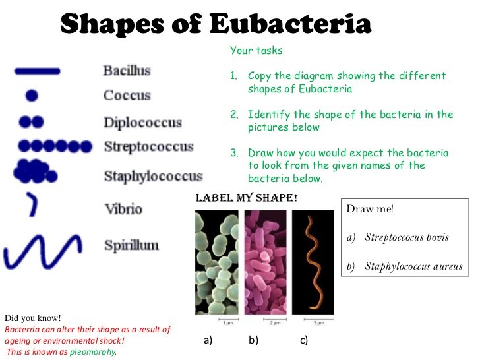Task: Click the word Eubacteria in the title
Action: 290,24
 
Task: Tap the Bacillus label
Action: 127,71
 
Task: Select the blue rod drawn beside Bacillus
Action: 38,71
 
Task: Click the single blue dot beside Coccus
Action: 32,96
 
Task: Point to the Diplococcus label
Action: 142,123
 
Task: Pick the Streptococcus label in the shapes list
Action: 149,146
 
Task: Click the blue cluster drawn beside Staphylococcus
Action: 35,171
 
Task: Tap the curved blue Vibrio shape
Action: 32,204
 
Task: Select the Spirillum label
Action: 132,245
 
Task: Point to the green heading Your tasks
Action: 256,51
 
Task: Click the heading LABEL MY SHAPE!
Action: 247,198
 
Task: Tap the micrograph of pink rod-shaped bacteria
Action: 266,262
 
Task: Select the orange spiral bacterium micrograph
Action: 313,262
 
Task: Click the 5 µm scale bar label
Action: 318,322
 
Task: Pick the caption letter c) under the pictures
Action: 304,340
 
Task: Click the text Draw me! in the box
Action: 370,209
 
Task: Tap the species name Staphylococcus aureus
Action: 413,266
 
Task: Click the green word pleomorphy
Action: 93,352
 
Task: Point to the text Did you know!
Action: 33,318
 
